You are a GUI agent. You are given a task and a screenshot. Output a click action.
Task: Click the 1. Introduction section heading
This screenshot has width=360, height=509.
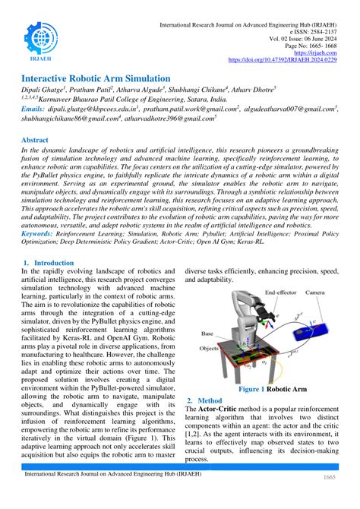tap(49, 263)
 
